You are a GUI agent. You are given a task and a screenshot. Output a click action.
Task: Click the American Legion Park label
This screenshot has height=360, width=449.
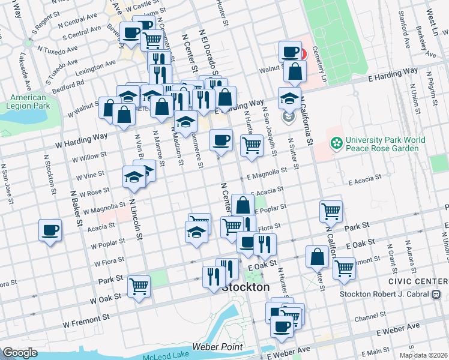[28, 102]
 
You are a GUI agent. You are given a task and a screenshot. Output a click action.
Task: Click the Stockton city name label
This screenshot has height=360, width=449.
[246, 287]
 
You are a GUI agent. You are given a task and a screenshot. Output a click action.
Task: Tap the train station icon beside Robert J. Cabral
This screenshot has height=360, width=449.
[436, 294]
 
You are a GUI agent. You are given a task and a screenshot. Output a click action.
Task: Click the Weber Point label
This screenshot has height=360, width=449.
[217, 347]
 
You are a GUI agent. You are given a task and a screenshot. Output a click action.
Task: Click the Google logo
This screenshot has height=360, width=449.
[19, 353]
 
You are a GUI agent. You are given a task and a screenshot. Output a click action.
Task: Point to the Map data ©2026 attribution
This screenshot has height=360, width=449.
[423, 355]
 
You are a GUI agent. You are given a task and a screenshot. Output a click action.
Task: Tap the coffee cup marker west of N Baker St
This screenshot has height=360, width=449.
[50, 230]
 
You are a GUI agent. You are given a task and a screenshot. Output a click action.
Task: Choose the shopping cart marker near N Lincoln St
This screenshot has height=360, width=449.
[139, 287]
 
